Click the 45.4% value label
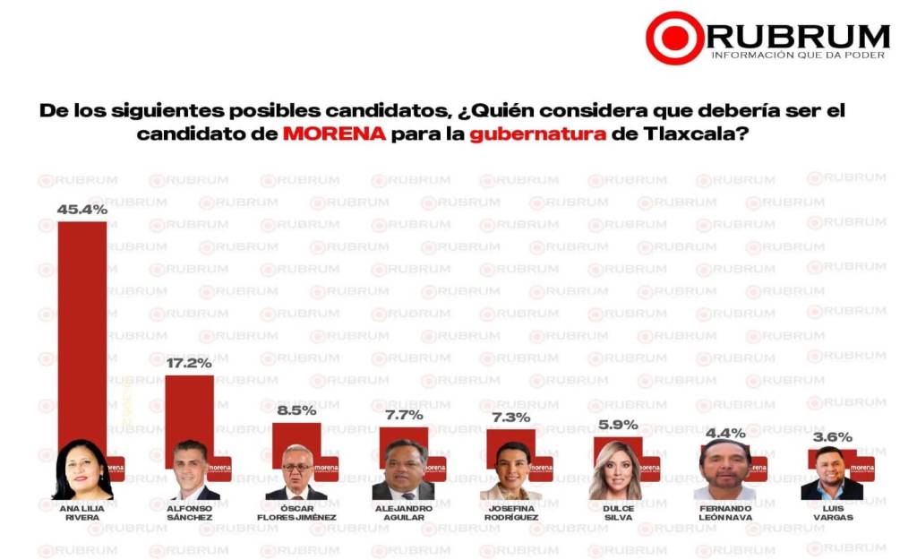82,210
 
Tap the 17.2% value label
190,364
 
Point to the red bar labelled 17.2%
190,408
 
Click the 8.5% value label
297,411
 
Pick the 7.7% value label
404,415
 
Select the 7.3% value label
511,417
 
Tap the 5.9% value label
618,425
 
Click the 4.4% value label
725,433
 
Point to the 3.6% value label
833,437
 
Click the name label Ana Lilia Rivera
82,512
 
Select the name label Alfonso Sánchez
190,512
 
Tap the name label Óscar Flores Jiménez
296,512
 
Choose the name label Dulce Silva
618,512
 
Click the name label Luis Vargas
833,512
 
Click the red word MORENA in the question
336,134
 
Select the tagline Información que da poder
798,56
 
